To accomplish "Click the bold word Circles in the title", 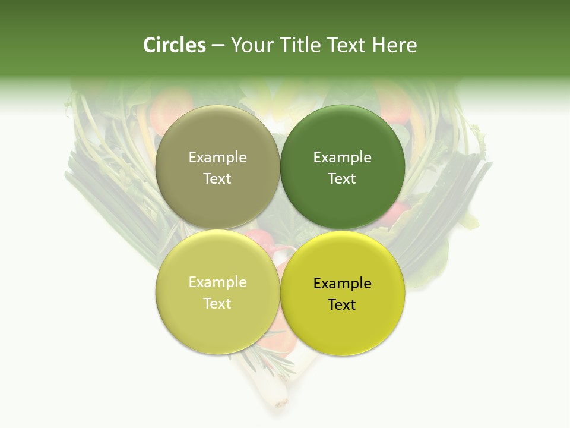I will click(175, 45).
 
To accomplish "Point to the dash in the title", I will click(218, 46).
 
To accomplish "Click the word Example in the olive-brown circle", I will click(217, 158).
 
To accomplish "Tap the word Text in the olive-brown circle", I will click(217, 179).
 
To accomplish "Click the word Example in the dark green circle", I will click(342, 158).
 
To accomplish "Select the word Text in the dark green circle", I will click(342, 179).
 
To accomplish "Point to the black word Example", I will click(342, 284).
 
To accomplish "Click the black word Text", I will click(342, 305).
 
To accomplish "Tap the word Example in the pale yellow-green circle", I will click(217, 282).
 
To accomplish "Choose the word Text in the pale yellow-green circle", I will click(217, 304).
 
